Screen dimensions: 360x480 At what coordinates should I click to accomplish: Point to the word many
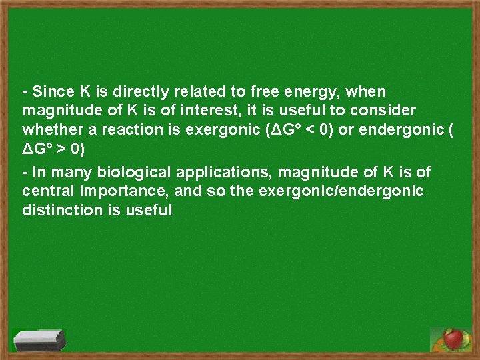72,173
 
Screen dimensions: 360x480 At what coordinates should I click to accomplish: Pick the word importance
111,192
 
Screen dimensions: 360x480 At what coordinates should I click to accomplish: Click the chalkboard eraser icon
40,339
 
